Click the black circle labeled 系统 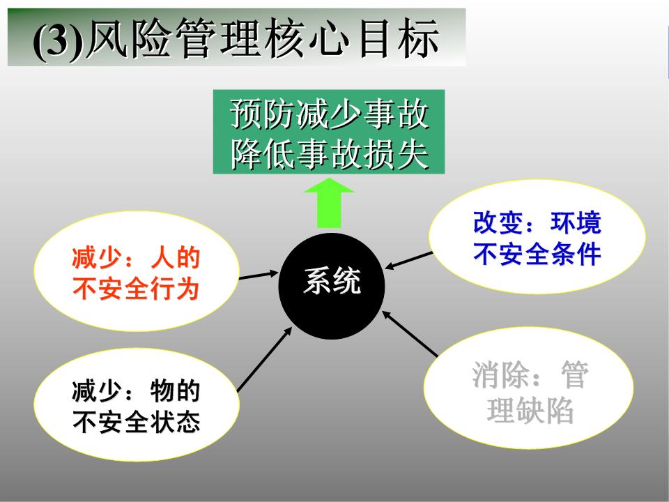[x=331, y=287]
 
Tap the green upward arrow [x=330, y=204]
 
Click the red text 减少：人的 [x=135, y=259]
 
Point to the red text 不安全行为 [x=135, y=288]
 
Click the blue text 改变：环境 [x=537, y=223]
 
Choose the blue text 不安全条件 [x=537, y=254]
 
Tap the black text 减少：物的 [x=135, y=392]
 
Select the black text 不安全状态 [x=135, y=422]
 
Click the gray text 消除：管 [x=530, y=376]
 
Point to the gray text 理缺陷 [x=530, y=411]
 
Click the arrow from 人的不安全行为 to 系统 [x=259, y=276]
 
